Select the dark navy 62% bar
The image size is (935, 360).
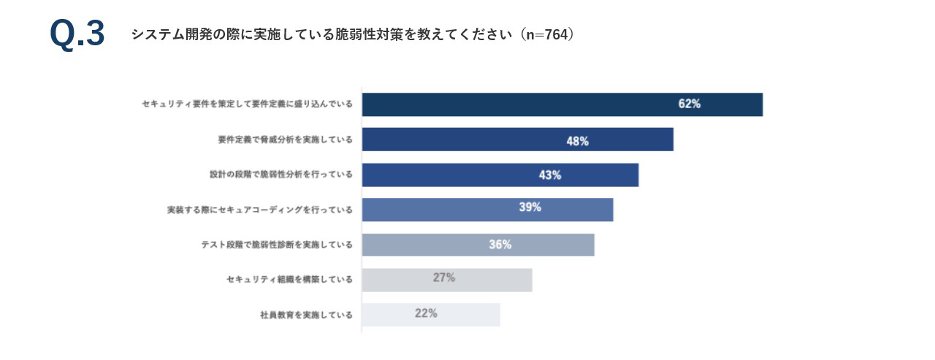coord(562,104)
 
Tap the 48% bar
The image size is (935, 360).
coord(517,139)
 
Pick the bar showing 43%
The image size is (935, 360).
coord(500,175)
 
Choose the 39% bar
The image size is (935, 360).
coord(487,210)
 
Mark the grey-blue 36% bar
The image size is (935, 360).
coord(478,245)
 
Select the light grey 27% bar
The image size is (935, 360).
coord(446,280)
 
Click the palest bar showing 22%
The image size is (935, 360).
coord(430,315)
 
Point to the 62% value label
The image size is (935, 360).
coord(689,104)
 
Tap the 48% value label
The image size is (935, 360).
coord(577,141)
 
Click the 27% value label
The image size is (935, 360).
coord(444,277)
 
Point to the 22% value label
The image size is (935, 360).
coord(426,313)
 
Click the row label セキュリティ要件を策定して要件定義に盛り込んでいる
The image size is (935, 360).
coord(247,104)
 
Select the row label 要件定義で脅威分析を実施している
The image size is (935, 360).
coord(285,139)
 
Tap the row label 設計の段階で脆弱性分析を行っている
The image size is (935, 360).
coord(280,175)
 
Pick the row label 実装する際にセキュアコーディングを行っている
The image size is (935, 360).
coord(259,210)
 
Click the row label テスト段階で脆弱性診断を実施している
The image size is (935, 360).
coord(276,245)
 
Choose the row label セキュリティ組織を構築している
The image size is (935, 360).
coord(289,280)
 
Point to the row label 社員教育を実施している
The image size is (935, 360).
coord(306,315)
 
